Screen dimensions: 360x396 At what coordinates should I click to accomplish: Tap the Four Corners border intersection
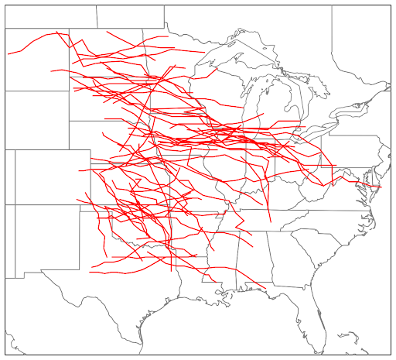[15, 205]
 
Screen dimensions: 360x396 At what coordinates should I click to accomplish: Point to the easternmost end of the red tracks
[381, 187]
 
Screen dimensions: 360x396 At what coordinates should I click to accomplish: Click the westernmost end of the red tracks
[8, 53]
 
